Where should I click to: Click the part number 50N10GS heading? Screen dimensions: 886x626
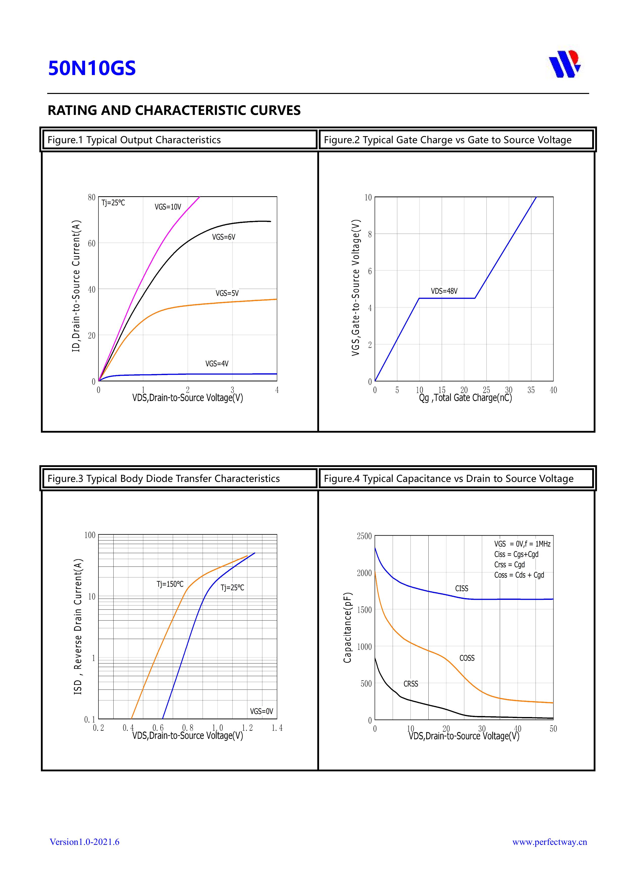click(92, 68)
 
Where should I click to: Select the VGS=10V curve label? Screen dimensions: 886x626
click(168, 207)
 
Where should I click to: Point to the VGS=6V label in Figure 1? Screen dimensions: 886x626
click(223, 237)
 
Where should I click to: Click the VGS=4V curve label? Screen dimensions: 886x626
click(217, 363)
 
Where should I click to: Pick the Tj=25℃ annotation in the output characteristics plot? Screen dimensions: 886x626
click(113, 203)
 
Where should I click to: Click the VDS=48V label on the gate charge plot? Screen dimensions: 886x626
click(444, 291)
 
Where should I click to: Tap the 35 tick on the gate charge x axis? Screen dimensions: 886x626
click(531, 390)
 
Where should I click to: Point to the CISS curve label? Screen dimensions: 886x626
click(462, 588)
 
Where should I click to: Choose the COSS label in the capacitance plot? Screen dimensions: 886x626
click(467, 658)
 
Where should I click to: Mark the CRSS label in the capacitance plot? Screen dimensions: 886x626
click(411, 684)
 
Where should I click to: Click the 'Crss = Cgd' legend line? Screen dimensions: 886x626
click(510, 564)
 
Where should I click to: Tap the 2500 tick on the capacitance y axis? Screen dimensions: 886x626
click(364, 536)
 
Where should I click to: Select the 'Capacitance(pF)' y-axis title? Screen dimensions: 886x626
click(348, 627)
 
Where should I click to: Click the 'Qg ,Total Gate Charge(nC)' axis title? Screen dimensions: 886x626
click(465, 398)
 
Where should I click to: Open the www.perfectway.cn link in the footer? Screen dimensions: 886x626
click(549, 842)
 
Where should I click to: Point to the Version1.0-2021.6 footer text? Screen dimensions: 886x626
click(85, 842)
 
